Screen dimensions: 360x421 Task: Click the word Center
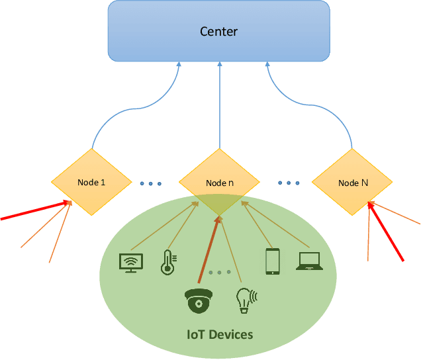[x=218, y=31]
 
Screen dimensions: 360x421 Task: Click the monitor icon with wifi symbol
[x=130, y=263]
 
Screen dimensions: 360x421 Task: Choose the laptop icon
[x=309, y=261]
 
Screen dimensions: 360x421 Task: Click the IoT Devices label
[x=218, y=334]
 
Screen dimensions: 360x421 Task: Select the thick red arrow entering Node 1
[x=33, y=210]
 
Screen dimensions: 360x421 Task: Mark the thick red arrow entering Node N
[x=387, y=232]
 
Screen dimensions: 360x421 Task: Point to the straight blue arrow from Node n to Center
[x=219, y=106]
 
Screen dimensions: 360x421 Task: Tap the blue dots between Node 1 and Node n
[x=151, y=183]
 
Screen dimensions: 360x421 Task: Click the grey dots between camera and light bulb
[x=220, y=272]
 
